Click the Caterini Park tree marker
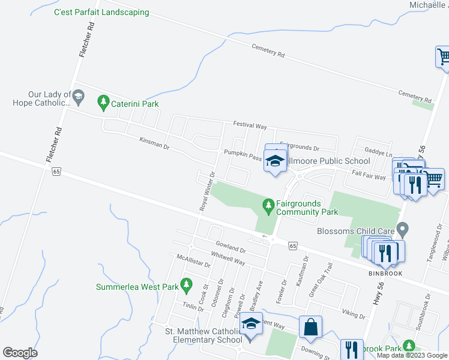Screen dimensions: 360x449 (x=103, y=102)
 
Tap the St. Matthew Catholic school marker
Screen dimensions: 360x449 (x=252, y=325)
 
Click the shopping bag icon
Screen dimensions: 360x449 (x=311, y=328)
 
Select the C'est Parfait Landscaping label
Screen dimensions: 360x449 (x=101, y=12)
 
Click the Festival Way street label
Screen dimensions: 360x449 (x=250, y=126)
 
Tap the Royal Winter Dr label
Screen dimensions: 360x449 (x=208, y=191)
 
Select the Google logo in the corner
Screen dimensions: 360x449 (x=20, y=353)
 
